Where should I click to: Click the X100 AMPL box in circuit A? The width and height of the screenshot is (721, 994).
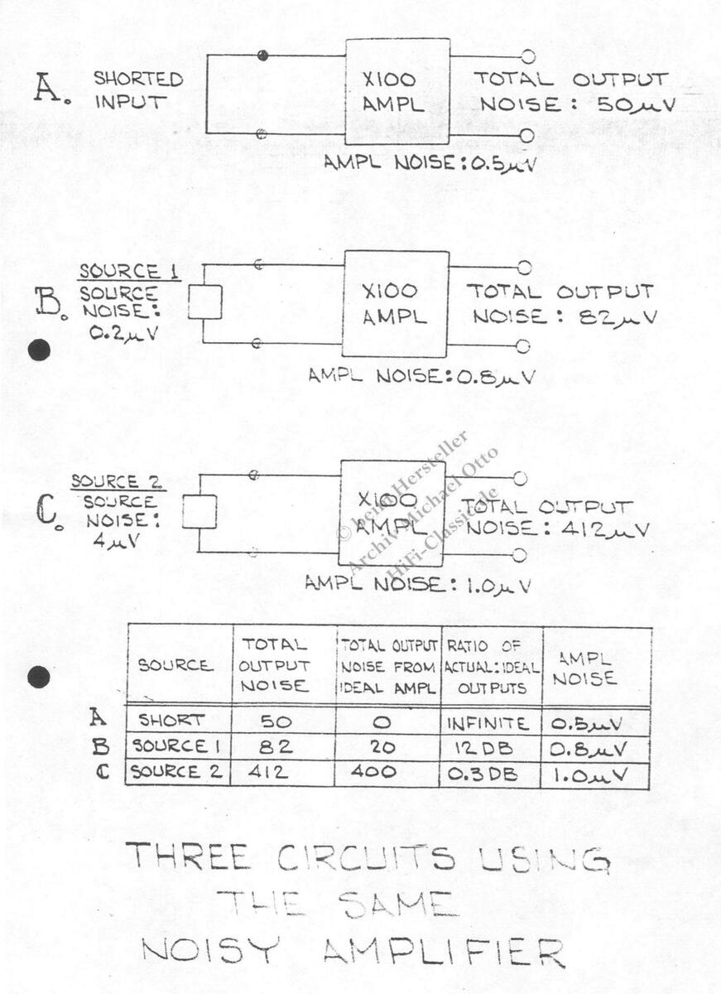(397, 91)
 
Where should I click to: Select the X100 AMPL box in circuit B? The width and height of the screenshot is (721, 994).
(396, 303)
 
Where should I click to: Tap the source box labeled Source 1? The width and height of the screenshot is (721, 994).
(204, 302)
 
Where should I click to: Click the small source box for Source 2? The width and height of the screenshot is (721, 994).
(199, 512)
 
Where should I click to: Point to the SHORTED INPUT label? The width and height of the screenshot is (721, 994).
(138, 90)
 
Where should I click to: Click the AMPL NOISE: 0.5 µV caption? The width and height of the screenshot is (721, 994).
(430, 163)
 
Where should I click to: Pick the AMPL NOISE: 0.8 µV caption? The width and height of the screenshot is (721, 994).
(421, 376)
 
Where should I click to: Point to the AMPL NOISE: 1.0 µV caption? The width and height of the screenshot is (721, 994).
(417, 584)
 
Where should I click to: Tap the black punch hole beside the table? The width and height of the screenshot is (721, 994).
(39, 678)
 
